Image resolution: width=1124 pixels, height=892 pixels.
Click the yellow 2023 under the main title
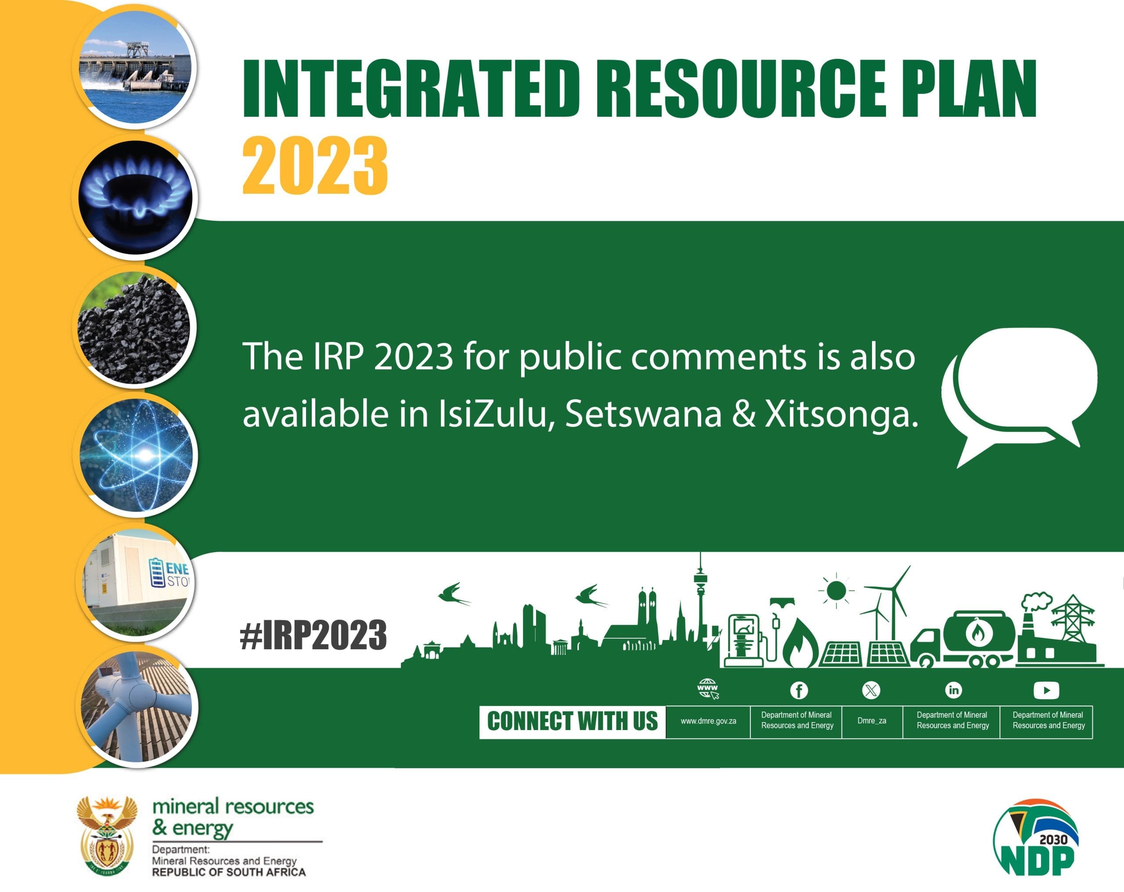click(315, 166)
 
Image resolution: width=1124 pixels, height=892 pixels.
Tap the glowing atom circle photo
click(136, 455)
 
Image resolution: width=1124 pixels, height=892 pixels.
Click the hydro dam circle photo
click(134, 67)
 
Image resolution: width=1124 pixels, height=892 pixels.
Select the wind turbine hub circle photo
click(137, 707)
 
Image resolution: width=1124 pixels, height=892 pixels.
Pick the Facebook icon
click(799, 690)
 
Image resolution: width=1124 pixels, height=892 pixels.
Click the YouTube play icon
click(1046, 690)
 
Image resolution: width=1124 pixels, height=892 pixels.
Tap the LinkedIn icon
click(953, 690)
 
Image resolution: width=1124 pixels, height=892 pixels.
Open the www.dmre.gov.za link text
click(708, 721)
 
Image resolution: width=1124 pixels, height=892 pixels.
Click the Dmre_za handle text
click(872, 720)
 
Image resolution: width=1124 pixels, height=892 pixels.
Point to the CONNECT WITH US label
click(572, 722)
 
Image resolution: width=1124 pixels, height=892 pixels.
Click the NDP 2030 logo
click(1035, 837)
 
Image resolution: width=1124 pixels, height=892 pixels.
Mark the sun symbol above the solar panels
click(836, 591)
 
